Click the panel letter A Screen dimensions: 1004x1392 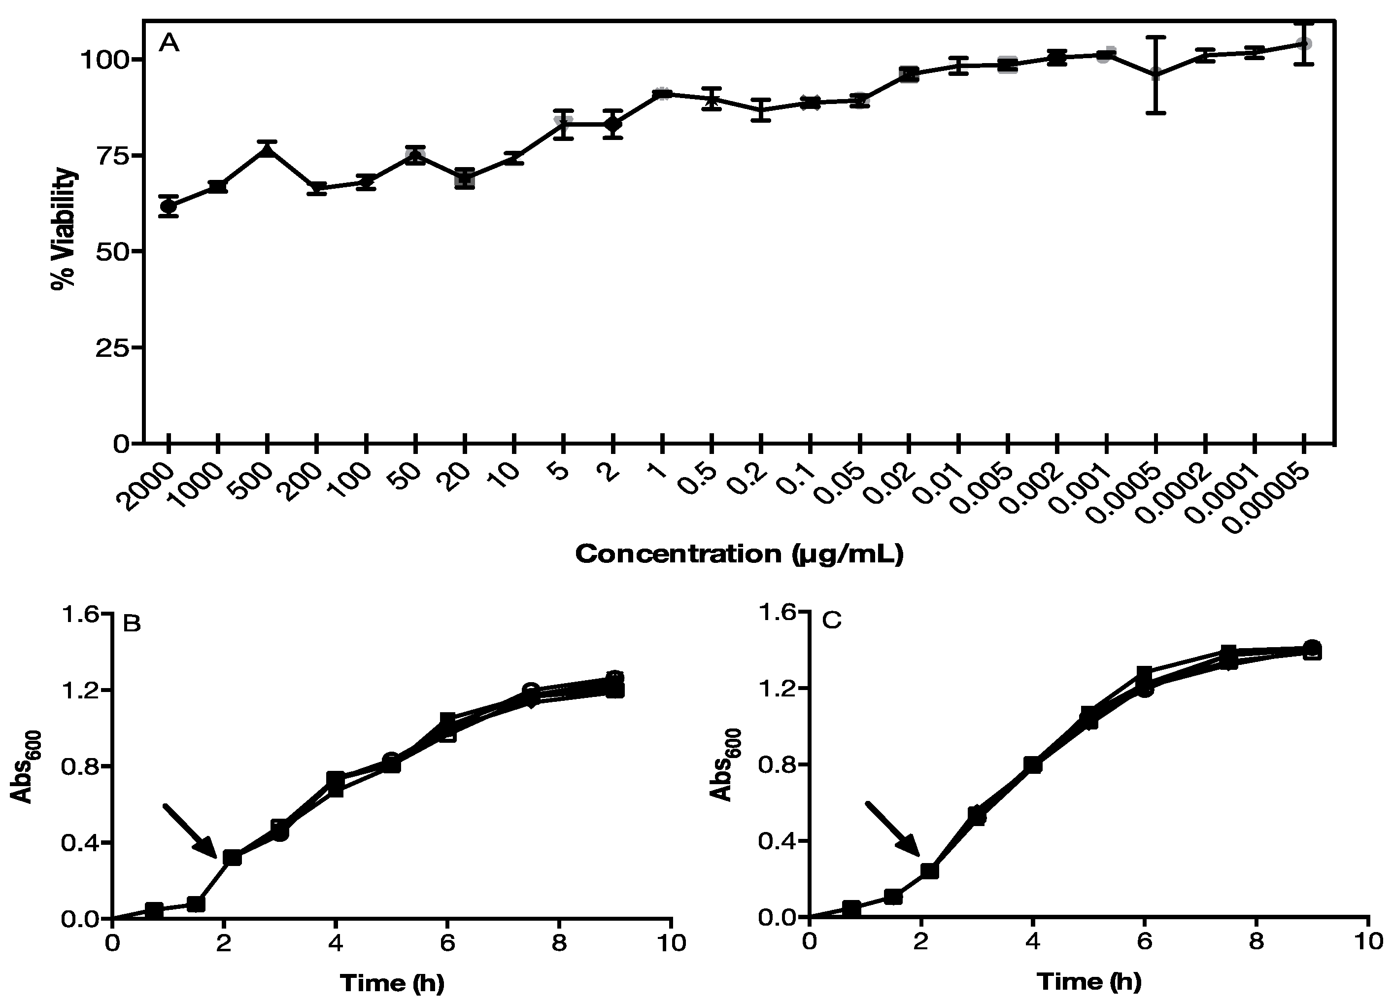click(169, 43)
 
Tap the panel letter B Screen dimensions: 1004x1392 click(132, 624)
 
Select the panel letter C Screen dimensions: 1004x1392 click(832, 621)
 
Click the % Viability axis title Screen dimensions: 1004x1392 click(64, 228)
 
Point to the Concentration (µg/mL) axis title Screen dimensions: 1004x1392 click(739, 554)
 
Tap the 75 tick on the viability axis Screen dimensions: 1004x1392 click(112, 155)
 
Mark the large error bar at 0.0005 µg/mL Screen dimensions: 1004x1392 click(1156, 75)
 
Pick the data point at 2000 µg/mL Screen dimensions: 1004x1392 click(168, 207)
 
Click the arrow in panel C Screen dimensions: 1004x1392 click(891, 829)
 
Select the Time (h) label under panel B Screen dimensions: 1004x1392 click(392, 982)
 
